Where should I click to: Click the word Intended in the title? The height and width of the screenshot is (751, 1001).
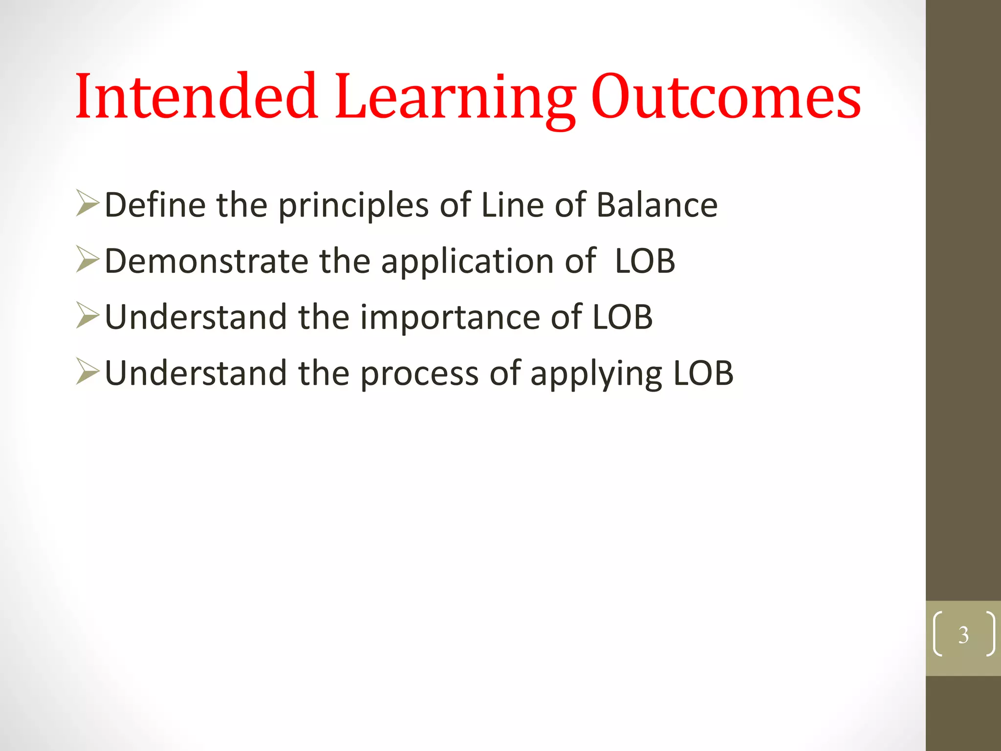(x=196, y=96)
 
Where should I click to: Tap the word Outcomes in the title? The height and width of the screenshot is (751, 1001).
(x=726, y=97)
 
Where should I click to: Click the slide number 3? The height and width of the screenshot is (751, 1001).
(x=963, y=635)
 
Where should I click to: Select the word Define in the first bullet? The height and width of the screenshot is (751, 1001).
(x=155, y=204)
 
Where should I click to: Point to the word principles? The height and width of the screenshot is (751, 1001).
(x=353, y=205)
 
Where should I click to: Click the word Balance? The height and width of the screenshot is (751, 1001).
(x=657, y=204)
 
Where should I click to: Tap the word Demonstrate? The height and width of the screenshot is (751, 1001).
(x=206, y=261)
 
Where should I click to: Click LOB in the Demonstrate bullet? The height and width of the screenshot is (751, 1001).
(x=645, y=261)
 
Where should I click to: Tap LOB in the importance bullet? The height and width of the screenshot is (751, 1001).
(x=622, y=317)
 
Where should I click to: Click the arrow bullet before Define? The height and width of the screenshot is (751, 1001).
(x=87, y=204)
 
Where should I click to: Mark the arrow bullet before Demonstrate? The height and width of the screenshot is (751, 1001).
(x=87, y=260)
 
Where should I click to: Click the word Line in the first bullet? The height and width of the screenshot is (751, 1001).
(x=512, y=204)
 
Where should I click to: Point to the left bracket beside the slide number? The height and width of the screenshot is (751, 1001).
(x=937, y=634)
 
